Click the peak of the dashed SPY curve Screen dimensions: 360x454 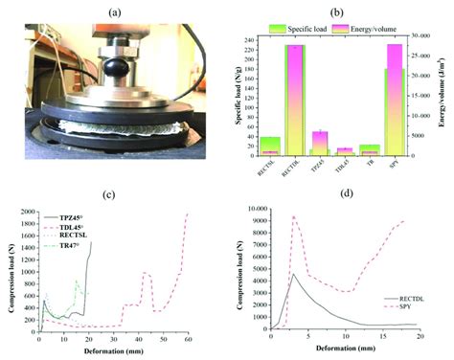pos(293,217)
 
